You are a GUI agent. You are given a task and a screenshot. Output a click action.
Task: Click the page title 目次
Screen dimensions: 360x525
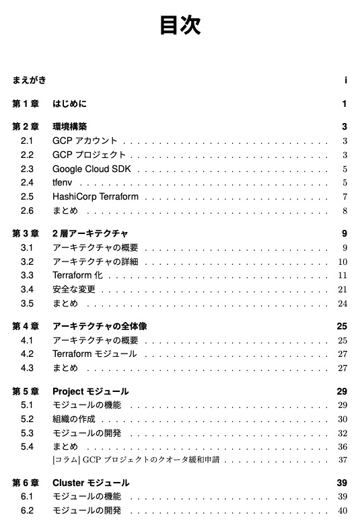[180, 26]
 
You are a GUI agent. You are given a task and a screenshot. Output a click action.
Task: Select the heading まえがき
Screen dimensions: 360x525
[30, 81]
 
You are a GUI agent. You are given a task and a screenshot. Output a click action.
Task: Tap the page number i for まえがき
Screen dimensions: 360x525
[345, 81]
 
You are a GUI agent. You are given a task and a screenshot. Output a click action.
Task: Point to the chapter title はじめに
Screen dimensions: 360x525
[69, 104]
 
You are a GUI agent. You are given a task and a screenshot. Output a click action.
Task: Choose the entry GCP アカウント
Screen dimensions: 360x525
[85, 141]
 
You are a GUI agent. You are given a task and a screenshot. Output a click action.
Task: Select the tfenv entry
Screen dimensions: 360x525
[63, 183]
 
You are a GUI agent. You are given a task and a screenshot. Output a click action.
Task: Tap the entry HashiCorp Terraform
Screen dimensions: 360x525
[96, 197]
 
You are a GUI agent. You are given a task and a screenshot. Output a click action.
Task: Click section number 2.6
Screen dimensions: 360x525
[27, 211]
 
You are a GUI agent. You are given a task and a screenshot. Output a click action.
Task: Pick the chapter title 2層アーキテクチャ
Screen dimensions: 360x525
[90, 234]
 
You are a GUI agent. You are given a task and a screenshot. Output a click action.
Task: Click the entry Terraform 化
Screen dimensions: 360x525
[77, 276]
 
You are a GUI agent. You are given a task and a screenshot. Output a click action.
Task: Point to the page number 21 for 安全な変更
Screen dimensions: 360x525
[343, 290]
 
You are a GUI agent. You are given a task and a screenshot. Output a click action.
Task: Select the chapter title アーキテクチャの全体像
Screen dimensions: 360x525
[100, 327]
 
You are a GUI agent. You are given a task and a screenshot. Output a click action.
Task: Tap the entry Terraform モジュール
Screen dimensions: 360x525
[94, 354]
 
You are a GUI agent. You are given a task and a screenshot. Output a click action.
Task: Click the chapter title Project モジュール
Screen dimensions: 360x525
[90, 391]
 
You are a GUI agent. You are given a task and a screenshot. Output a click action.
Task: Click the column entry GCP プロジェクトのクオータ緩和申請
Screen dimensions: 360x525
[138, 460]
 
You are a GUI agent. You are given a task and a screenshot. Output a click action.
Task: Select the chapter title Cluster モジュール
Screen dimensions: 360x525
[91, 483]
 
